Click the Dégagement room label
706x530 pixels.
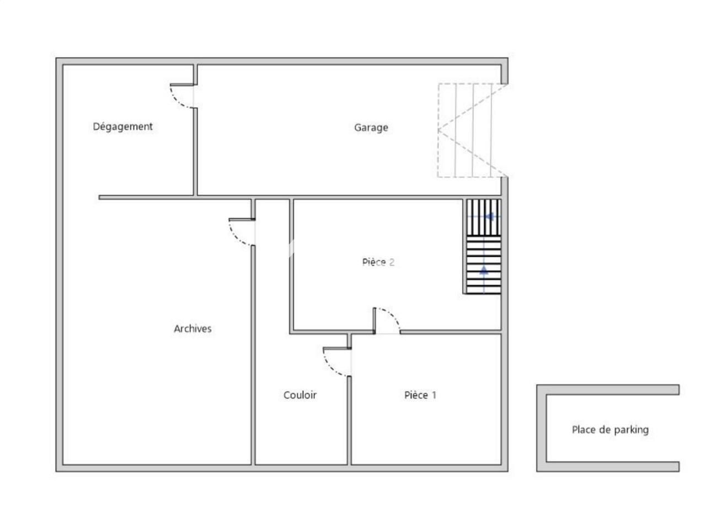(x=122, y=126)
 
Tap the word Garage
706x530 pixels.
(x=371, y=128)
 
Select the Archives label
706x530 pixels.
(x=192, y=328)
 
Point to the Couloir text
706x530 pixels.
(x=300, y=395)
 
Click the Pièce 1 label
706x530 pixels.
(x=420, y=395)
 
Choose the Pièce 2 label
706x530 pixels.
(x=378, y=262)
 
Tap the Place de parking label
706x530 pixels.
(x=610, y=430)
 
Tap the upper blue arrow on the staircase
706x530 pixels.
(x=489, y=216)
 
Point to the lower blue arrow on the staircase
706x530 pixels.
(x=484, y=270)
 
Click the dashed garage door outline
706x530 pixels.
(x=472, y=130)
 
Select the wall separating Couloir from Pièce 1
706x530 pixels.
(x=350, y=420)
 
